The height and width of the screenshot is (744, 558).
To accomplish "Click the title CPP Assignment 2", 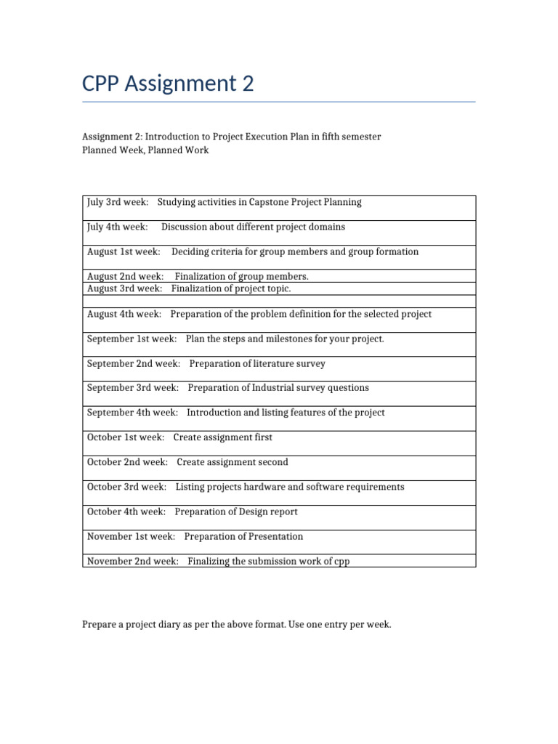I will tap(168, 84).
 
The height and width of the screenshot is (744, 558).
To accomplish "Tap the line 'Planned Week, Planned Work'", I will tap(145, 150).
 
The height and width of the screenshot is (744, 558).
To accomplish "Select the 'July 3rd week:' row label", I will tap(118, 202).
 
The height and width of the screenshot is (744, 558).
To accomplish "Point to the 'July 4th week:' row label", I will tap(118, 227).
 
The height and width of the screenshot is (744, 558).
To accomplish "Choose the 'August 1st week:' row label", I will tap(124, 251).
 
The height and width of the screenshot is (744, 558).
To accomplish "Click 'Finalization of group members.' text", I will tap(241, 276).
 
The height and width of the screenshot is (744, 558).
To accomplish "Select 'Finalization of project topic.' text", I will tap(231, 288).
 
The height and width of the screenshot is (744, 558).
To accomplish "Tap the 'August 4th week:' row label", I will tap(124, 314).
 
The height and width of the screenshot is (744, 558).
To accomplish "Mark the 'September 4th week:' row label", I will tap(132, 413).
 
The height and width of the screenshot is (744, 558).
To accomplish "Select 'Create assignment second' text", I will tap(232, 462).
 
